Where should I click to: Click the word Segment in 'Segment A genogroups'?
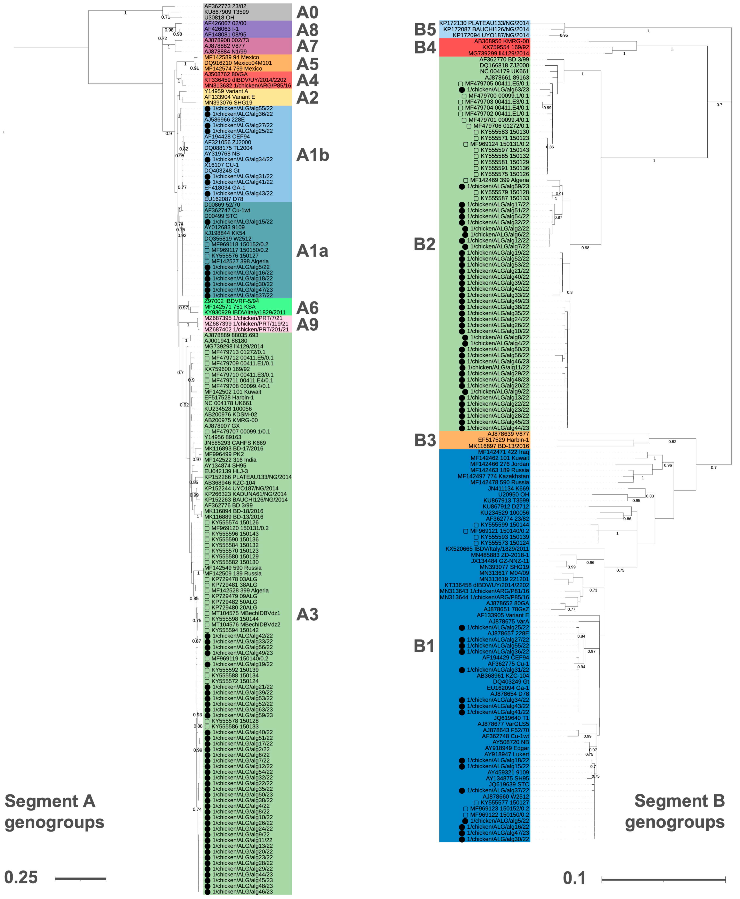pos(41,801)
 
